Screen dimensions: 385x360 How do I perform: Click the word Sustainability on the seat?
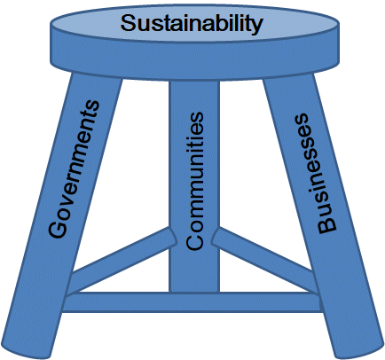pos(192,24)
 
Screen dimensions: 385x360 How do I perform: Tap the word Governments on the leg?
pos(75,169)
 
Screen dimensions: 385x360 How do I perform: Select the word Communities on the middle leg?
pos(195,181)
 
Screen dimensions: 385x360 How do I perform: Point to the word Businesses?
pos(314,174)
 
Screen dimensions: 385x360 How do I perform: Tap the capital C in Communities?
pos(195,240)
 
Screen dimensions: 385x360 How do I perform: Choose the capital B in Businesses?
pos(327,224)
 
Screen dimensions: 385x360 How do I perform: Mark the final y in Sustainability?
pos(257,27)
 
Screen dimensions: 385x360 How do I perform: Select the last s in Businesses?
pos(302,118)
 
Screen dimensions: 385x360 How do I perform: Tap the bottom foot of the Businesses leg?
pos(358,349)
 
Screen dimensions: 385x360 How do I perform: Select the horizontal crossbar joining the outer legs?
pos(192,302)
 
